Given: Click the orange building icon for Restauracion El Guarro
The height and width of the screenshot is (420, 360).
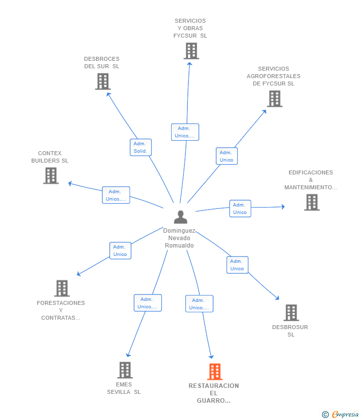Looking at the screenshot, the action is (x=215, y=372).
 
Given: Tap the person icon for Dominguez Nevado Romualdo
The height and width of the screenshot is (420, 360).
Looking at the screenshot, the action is (x=180, y=217).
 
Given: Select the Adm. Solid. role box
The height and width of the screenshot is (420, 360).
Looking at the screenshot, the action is (x=141, y=147).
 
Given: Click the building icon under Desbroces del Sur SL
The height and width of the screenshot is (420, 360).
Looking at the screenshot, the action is (x=103, y=82).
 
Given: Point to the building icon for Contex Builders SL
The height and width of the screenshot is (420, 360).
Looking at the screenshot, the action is (x=51, y=176).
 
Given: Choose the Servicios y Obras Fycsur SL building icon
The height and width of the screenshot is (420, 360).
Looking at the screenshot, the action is (x=191, y=51).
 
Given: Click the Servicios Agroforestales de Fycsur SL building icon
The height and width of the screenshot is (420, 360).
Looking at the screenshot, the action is (x=275, y=99).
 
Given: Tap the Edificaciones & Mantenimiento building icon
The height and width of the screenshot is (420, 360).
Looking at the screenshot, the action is (x=312, y=202).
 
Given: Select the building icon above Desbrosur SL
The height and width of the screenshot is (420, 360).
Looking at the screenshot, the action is (x=291, y=313).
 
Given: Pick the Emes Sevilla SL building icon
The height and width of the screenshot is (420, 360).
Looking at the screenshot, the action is (x=125, y=370).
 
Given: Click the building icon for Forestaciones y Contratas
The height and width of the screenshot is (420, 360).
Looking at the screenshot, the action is (x=62, y=288).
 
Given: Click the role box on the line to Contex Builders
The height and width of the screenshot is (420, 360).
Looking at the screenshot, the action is (x=116, y=195).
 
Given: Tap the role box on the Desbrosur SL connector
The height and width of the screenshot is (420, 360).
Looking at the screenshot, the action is (x=237, y=265).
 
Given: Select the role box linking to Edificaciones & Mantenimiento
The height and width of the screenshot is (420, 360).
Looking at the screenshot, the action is (x=240, y=209).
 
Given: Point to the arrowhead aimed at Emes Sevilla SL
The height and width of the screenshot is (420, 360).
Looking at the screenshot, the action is (x=128, y=355).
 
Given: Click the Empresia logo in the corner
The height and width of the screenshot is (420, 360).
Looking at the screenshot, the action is (x=345, y=415).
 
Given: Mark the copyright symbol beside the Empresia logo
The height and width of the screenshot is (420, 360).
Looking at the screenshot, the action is (x=325, y=415).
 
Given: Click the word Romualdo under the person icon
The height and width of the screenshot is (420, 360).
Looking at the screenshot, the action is (x=179, y=246).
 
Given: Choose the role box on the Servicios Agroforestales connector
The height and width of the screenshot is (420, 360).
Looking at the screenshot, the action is (x=227, y=156).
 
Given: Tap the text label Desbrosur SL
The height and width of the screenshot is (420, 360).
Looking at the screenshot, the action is (x=290, y=331).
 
